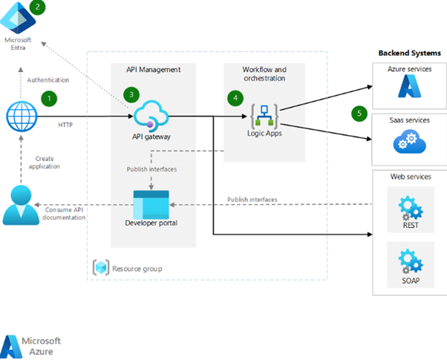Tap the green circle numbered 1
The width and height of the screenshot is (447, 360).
50,97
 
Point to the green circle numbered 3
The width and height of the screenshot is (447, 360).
132,95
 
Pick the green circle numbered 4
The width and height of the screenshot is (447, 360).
235,97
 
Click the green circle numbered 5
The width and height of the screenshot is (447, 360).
360,113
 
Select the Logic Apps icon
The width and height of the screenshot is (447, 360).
265,114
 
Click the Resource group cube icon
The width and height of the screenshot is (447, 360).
99,267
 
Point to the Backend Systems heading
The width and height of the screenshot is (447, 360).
409,53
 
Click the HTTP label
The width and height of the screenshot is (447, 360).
65,125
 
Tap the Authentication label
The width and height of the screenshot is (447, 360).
48,79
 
